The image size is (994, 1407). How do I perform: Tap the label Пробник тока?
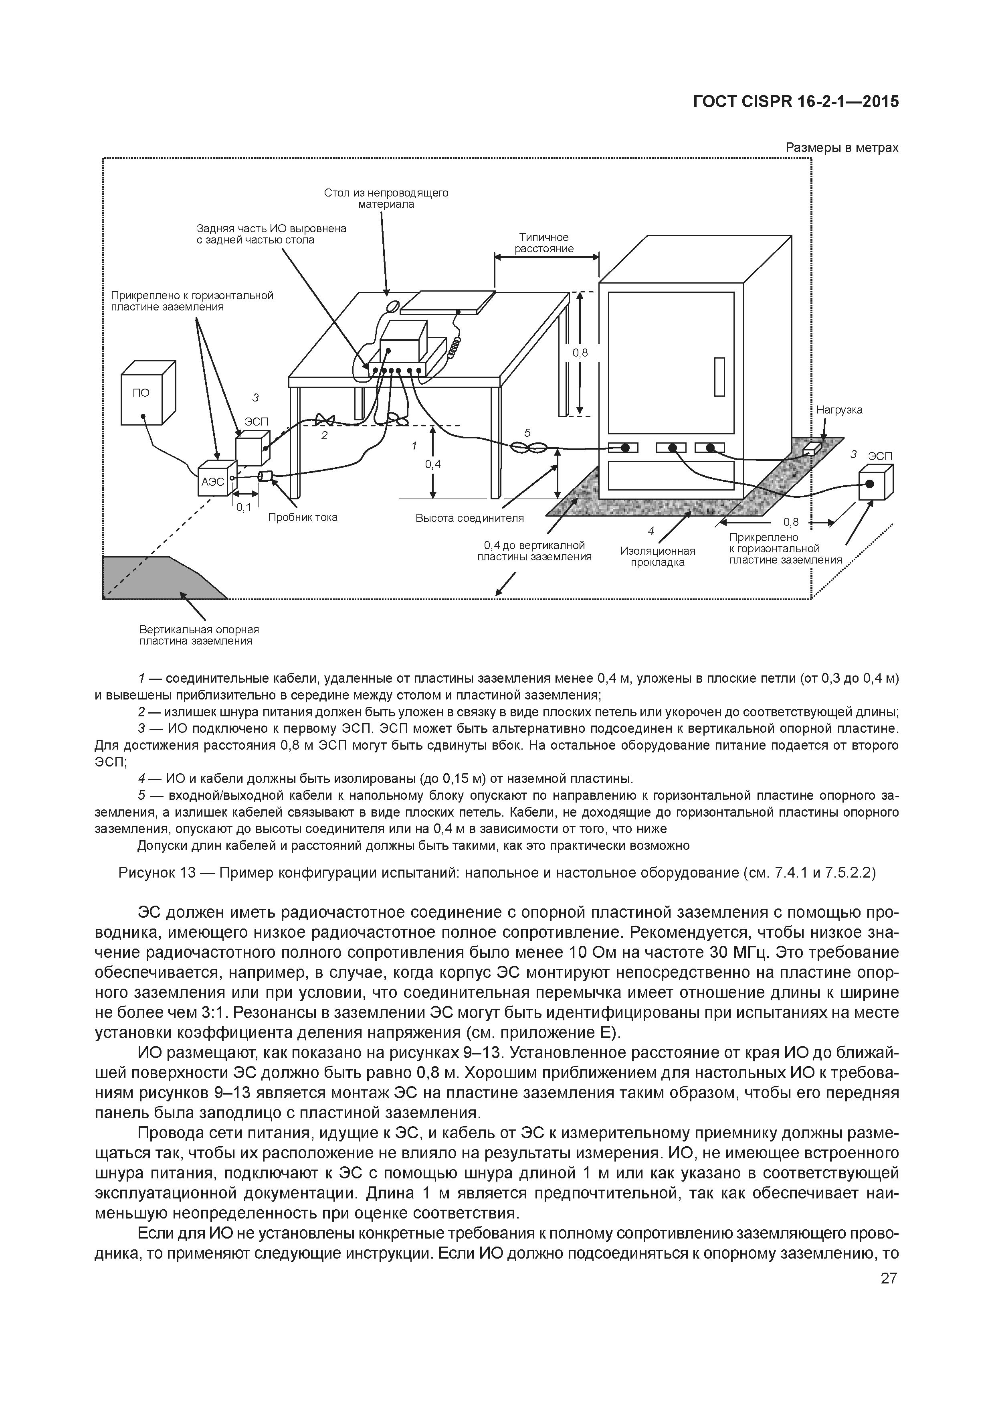(303, 517)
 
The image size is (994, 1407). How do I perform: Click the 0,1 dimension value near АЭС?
(244, 507)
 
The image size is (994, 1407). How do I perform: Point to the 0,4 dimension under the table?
(433, 464)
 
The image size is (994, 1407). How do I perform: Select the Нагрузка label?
(839, 410)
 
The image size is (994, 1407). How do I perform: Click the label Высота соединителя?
(470, 518)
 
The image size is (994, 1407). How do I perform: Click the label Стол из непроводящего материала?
(386, 199)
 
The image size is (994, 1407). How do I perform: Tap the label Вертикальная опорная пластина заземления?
(199, 635)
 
